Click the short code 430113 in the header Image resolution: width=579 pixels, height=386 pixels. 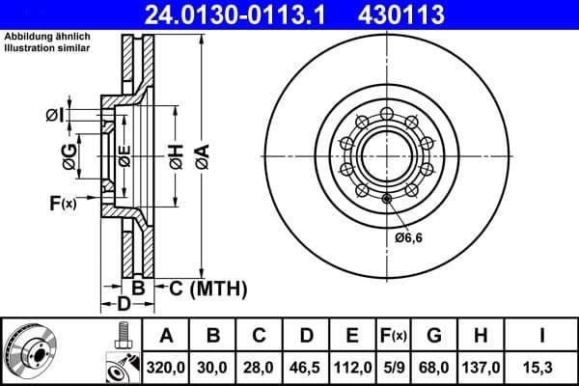416,14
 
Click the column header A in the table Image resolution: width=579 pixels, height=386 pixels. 166,337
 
